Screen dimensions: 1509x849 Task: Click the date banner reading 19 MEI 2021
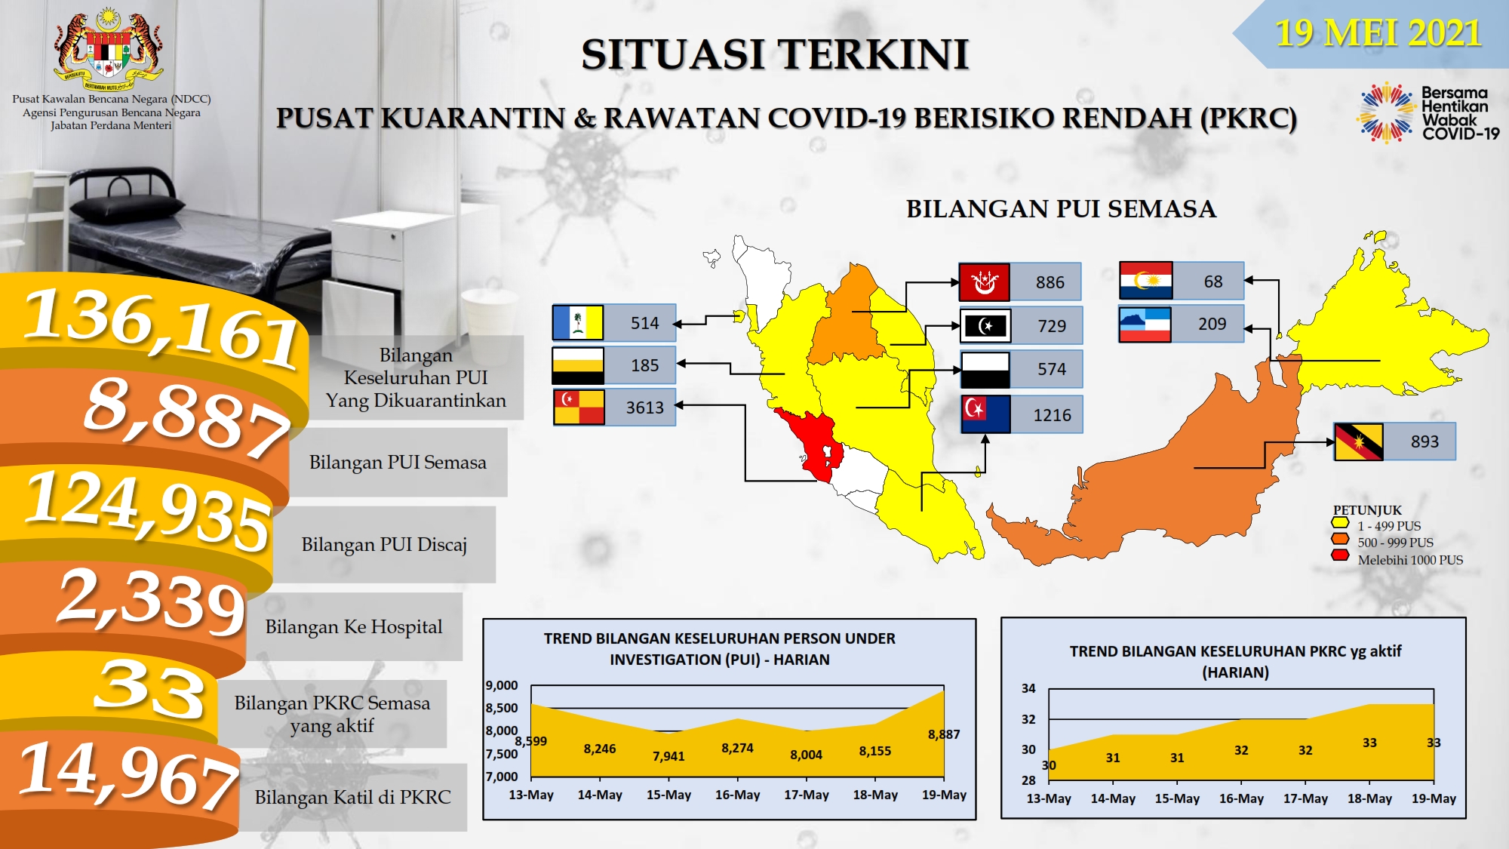pos(1378,33)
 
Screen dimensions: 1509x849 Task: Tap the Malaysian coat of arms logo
pos(109,50)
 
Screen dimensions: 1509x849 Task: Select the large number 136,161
pos(161,329)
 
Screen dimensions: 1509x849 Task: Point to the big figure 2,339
pos(151,601)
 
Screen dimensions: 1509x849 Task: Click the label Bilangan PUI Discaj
pos(384,544)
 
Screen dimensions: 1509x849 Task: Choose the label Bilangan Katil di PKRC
pos(352,797)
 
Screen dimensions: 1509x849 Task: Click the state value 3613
pos(645,408)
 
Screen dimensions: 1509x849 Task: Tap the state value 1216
pos(1052,415)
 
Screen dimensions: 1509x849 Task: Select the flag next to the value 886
pos(984,282)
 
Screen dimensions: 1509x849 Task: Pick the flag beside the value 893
pos(1358,441)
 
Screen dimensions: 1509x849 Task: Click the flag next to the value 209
pos(1145,325)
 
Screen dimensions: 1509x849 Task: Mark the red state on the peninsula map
pos(810,443)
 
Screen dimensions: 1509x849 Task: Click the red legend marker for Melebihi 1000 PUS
pos(1341,556)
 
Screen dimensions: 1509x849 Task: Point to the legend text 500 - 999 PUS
pos(1395,543)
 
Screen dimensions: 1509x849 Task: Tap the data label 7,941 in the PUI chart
pos(668,756)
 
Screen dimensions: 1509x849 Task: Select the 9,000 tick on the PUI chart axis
pos(502,685)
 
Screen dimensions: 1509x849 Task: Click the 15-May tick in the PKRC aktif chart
pos(1177,798)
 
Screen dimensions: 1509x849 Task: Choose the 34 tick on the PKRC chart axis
pos(1028,688)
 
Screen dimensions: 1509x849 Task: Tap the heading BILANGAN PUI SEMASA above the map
pos(1061,209)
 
